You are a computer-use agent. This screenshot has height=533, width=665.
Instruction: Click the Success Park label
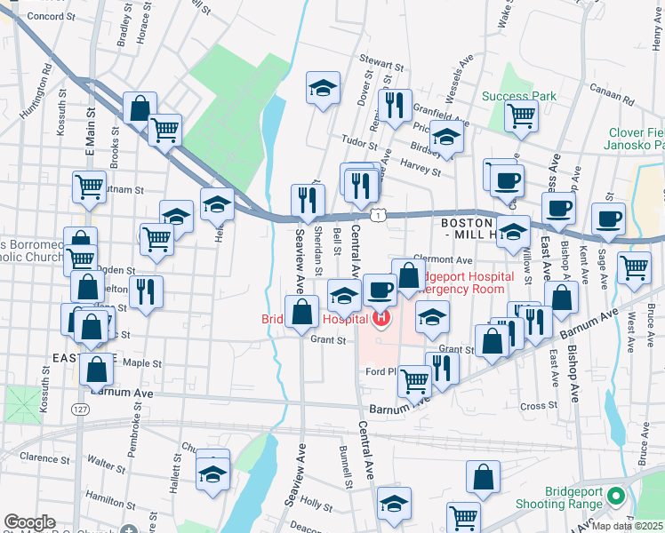point(518,96)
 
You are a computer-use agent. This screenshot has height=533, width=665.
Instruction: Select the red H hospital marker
point(382,317)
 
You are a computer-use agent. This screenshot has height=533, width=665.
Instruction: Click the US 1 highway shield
point(380,215)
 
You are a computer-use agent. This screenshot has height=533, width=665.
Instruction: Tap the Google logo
point(29,522)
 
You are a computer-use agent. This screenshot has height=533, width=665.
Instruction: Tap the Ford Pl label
point(380,370)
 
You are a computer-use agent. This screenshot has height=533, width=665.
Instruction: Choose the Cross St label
point(538,406)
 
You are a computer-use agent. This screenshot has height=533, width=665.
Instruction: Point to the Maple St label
point(141,362)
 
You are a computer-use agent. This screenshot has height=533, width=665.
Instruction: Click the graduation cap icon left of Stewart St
point(323,87)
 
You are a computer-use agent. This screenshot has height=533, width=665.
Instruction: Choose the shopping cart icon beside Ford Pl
point(414,380)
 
